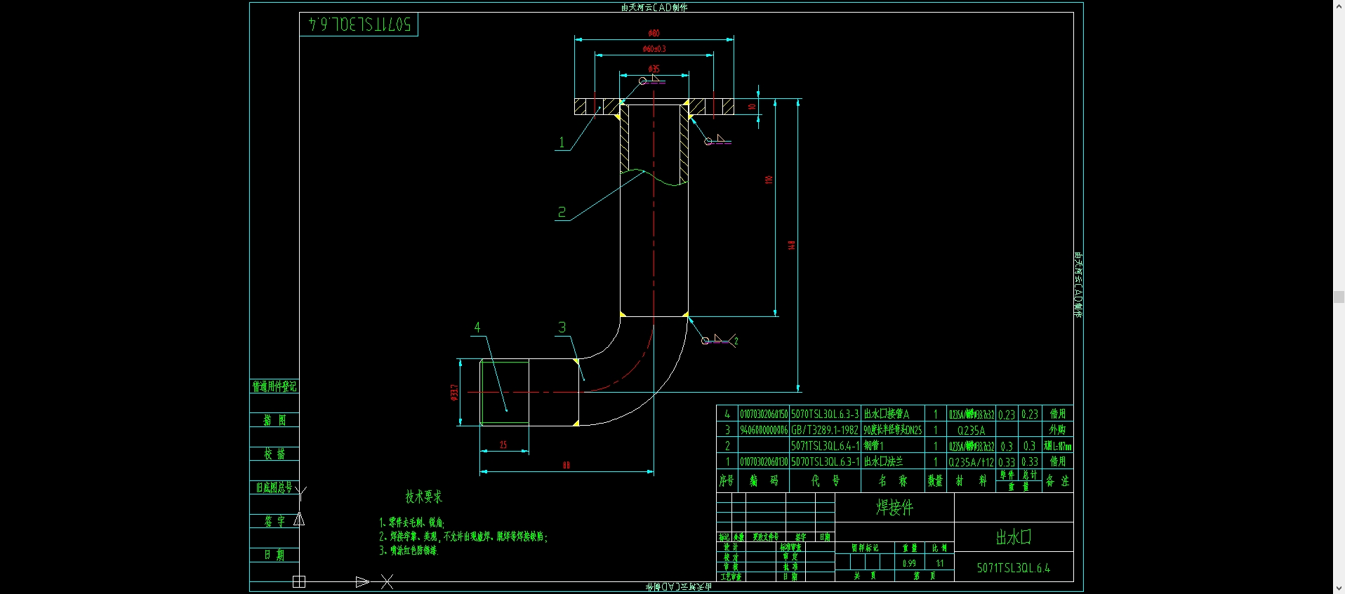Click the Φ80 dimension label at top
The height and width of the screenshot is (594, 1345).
(654, 33)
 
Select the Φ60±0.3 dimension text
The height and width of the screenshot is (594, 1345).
(654, 49)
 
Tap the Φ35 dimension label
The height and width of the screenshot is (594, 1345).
(654, 69)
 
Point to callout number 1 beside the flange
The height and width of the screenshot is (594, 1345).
(562, 142)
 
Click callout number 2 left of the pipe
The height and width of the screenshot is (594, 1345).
(562, 212)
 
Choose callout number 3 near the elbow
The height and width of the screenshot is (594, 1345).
(562, 328)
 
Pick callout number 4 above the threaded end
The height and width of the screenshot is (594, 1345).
(477, 328)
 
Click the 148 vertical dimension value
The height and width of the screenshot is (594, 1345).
(792, 245)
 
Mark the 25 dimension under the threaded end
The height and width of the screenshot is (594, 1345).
(503, 445)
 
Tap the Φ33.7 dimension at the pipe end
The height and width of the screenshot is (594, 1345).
(454, 392)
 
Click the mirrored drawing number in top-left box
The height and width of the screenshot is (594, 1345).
(359, 25)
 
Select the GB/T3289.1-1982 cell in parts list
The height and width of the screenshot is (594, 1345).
(825, 430)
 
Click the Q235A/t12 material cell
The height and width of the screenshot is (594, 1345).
(971, 462)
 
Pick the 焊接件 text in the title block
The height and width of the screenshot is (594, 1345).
(894, 507)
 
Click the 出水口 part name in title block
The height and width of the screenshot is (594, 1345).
(1013, 537)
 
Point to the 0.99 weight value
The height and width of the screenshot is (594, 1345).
(909, 563)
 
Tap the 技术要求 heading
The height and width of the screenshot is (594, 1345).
(423, 497)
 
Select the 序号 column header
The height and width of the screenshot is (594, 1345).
(727, 480)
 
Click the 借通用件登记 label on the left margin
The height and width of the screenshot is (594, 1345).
(274, 386)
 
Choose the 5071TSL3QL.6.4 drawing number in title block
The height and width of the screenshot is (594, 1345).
(1013, 568)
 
